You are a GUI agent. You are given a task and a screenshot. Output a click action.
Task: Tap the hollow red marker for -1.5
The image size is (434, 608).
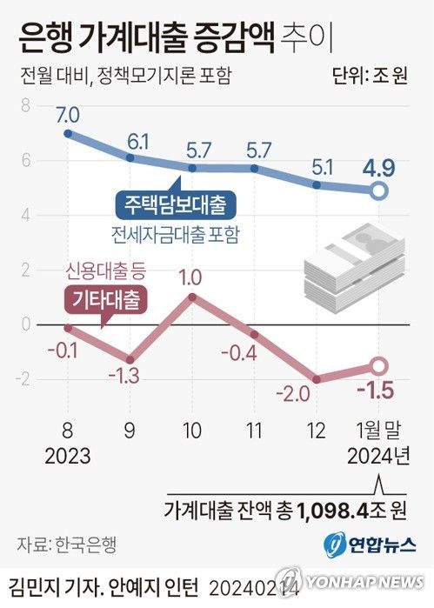click(x=379, y=366)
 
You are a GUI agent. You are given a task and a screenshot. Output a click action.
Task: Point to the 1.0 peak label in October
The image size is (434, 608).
click(x=191, y=278)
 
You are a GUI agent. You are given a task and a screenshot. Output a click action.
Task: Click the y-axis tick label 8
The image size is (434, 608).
click(x=24, y=106)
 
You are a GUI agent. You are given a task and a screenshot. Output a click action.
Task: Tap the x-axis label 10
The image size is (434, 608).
click(x=191, y=430)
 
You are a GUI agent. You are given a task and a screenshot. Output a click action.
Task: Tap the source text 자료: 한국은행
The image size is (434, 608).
click(x=66, y=545)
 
